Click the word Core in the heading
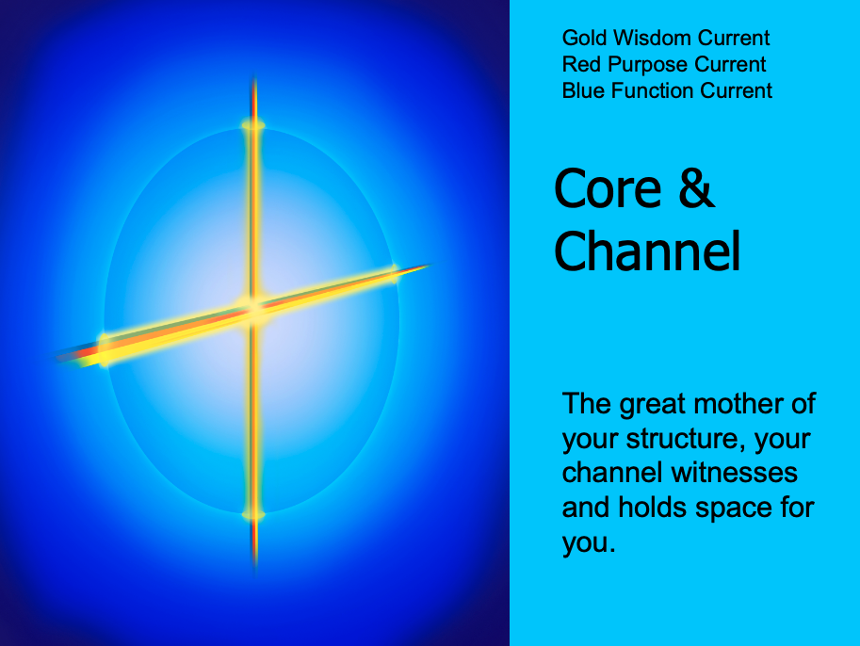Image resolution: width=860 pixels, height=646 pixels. (x=608, y=188)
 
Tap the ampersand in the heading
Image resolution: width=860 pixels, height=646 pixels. (x=696, y=188)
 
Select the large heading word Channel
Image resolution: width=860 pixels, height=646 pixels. (x=647, y=250)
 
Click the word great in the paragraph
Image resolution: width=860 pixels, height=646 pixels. (x=653, y=405)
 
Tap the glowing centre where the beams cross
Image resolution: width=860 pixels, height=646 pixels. (x=254, y=309)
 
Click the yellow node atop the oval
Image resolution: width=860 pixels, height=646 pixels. (x=253, y=125)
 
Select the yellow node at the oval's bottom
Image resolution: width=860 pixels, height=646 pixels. (x=253, y=514)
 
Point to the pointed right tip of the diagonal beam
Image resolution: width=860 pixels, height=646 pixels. (x=430, y=266)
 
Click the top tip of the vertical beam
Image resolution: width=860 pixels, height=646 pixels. (x=254, y=75)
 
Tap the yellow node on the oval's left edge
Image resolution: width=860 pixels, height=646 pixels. (x=105, y=350)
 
